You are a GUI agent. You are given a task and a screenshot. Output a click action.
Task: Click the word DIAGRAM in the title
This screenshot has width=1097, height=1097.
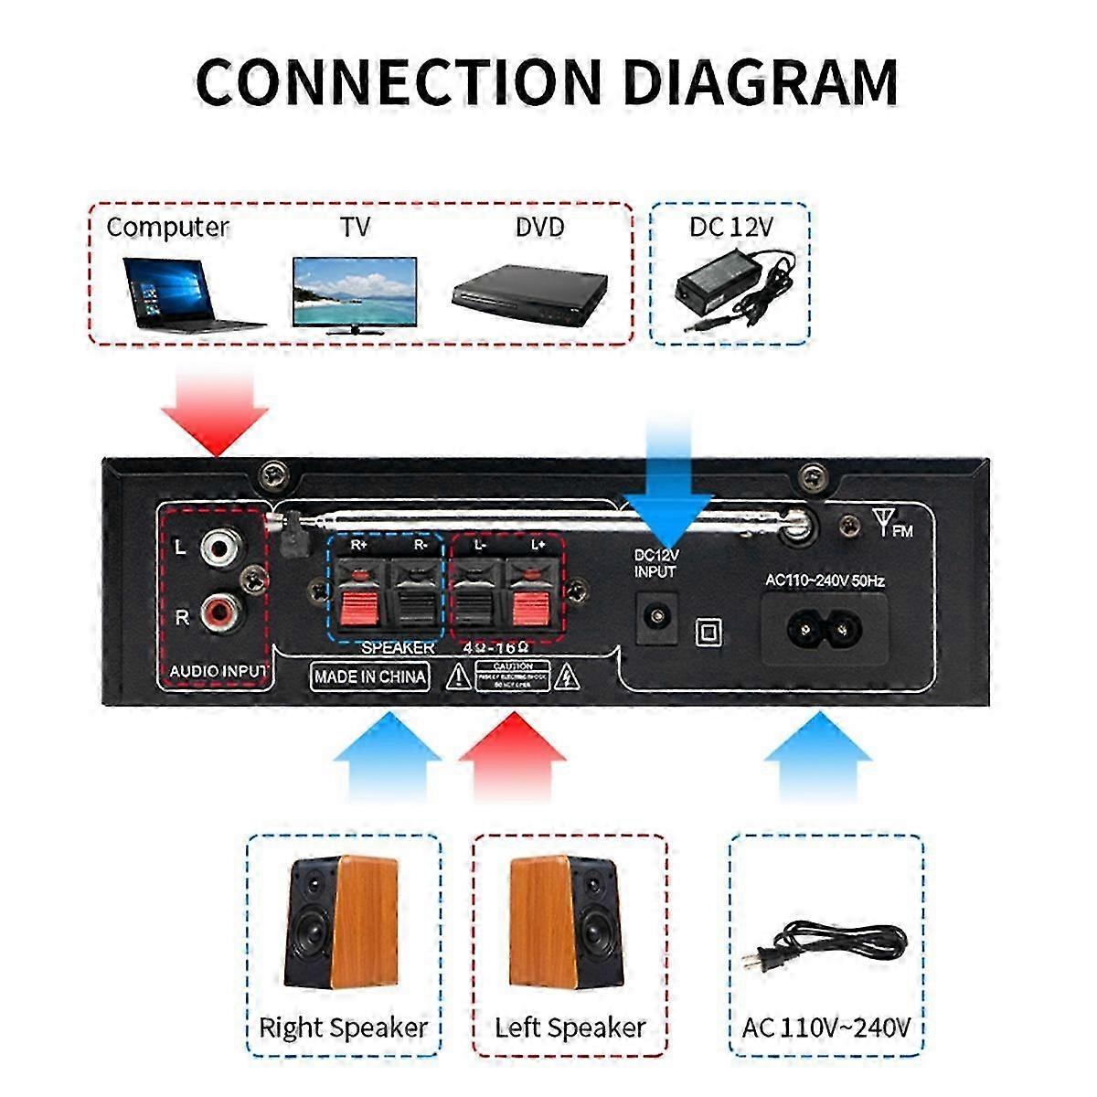pyautogui.click(x=761, y=81)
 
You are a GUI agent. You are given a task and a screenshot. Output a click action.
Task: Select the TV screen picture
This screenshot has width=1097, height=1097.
pyautogui.click(x=355, y=291)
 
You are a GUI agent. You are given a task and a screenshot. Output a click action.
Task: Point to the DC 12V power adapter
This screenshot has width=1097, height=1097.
pyautogui.click(x=731, y=287)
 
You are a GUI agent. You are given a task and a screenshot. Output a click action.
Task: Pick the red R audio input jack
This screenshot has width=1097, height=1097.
pyautogui.click(x=220, y=609)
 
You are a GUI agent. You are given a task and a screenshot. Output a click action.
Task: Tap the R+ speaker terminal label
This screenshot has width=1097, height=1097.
pyautogui.click(x=360, y=546)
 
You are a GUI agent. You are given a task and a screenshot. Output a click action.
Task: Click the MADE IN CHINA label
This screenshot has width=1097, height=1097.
pyautogui.click(x=369, y=677)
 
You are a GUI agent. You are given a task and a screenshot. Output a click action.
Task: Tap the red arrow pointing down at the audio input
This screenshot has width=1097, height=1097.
pyautogui.click(x=216, y=411)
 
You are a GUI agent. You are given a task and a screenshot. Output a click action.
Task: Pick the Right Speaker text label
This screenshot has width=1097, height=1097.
pyautogui.click(x=343, y=1028)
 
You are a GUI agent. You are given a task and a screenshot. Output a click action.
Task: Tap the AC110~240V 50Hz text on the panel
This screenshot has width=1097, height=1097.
pyautogui.click(x=825, y=580)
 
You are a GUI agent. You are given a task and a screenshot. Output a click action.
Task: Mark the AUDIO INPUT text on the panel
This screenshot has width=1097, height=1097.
pyautogui.click(x=218, y=672)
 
